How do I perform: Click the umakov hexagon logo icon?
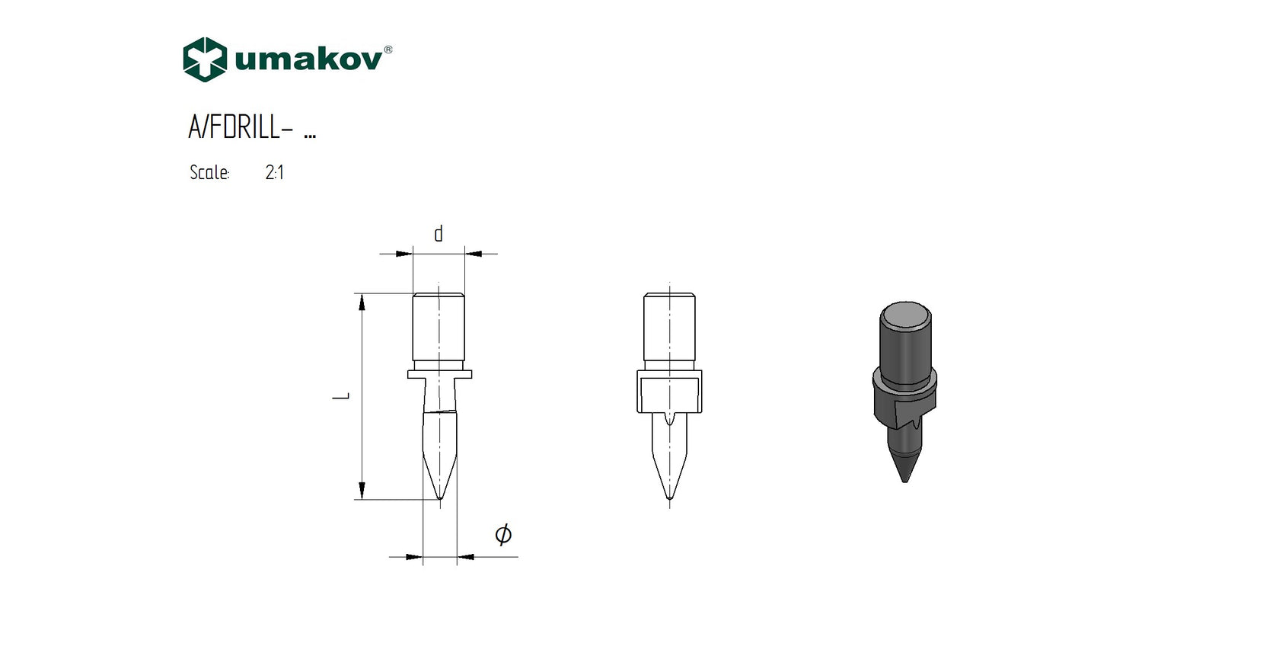tap(205, 59)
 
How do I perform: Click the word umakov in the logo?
tap(308, 60)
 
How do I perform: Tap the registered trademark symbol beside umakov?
tap(388, 50)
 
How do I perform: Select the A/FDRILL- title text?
tap(241, 127)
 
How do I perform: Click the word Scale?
tap(209, 173)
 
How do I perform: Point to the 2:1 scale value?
tap(275, 173)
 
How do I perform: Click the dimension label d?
tap(439, 234)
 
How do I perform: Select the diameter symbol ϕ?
tap(503, 534)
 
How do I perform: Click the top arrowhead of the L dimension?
tap(362, 302)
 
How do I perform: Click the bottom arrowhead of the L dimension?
tap(362, 490)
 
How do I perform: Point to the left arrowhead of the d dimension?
tap(404, 254)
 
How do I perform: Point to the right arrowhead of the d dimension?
tap(474, 254)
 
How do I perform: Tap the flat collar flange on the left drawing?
tap(439, 374)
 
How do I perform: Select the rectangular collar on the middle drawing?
tap(669, 392)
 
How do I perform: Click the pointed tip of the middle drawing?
tap(669, 498)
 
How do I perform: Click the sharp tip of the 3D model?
tap(905, 480)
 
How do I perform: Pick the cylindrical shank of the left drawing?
tap(439, 328)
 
